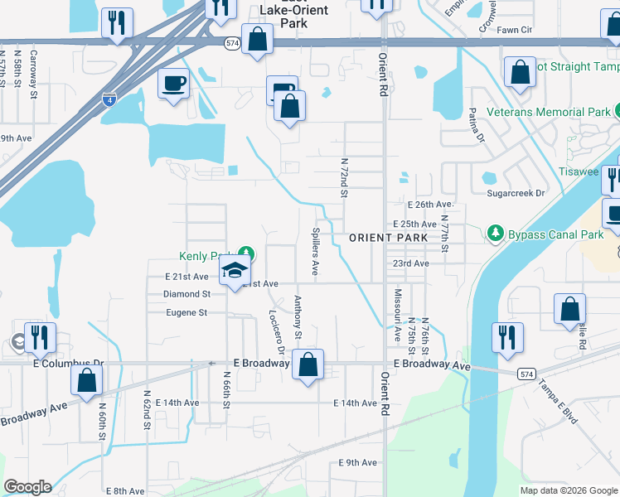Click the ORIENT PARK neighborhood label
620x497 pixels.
click(x=388, y=238)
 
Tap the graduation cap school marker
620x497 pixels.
click(x=235, y=271)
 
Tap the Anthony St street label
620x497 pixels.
click(x=298, y=317)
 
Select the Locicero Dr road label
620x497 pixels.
click(x=277, y=331)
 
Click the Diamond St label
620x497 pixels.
click(x=186, y=294)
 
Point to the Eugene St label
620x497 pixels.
click(x=186, y=312)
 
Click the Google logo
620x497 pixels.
click(x=27, y=487)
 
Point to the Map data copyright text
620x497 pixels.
click(x=568, y=490)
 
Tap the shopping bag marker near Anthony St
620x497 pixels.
click(x=308, y=364)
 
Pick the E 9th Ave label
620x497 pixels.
click(x=357, y=462)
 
